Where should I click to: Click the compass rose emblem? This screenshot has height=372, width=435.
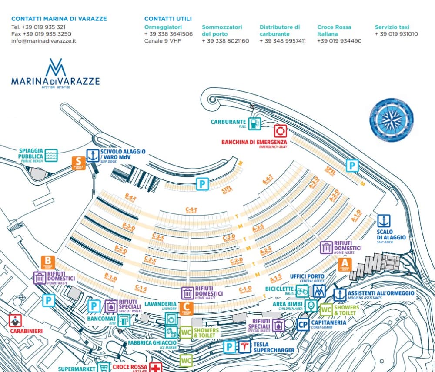391,117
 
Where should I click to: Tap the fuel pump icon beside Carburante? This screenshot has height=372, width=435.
255,123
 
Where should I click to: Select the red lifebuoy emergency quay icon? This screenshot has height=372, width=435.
280,131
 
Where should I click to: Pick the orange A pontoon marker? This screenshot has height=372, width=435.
345,264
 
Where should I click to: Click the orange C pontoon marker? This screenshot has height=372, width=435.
186,308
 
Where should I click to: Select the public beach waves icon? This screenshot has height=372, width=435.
51,155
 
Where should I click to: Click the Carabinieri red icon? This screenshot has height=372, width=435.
16,321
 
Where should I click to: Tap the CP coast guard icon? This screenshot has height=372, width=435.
304,324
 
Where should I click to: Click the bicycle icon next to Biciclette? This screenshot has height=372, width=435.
302,290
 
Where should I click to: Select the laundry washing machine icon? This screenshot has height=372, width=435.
171,319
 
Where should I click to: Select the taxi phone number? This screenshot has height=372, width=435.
396,34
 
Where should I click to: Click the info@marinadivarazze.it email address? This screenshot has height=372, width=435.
43,41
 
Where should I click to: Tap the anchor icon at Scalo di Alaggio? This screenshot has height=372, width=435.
383,221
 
